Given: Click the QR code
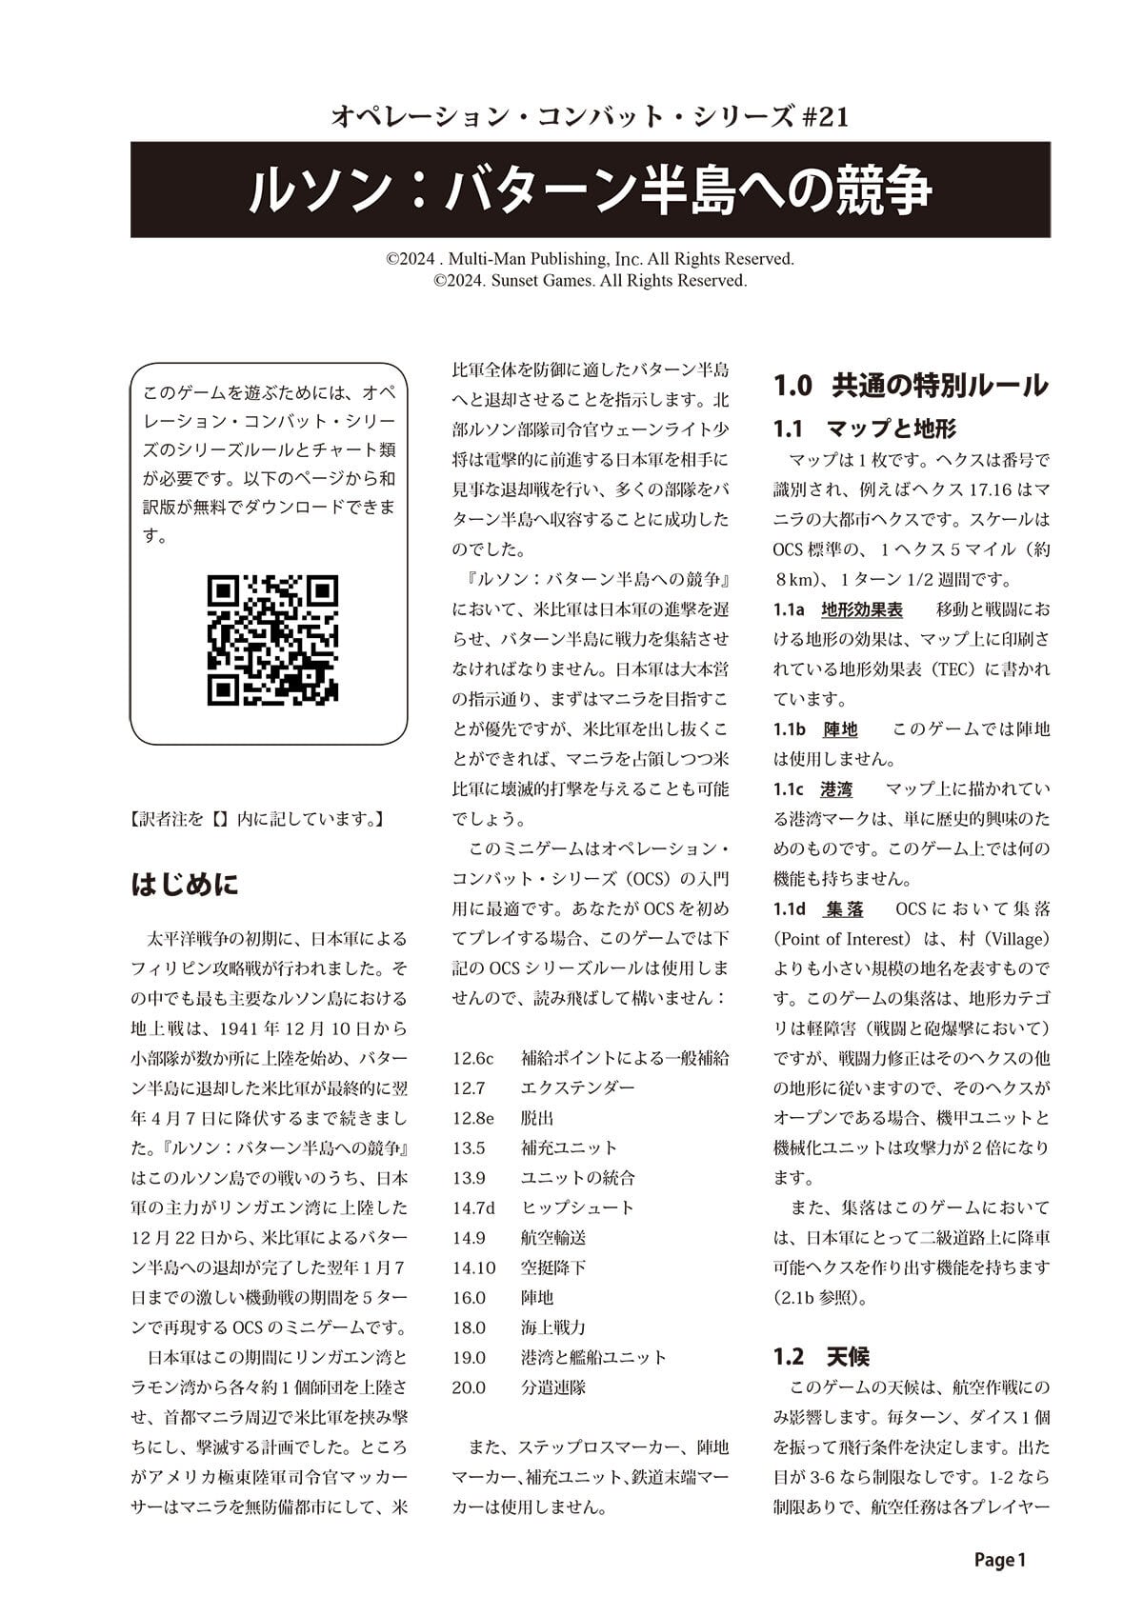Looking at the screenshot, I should (272, 639).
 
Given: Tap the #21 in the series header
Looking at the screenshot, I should (820, 117).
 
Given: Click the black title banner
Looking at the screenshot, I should (591, 190).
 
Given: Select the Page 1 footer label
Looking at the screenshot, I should (999, 1560).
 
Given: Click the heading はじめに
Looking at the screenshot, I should (185, 885).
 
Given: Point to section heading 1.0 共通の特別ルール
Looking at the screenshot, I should (911, 386).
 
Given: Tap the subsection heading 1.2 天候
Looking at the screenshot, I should (821, 1356).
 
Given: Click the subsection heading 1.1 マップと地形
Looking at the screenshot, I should (865, 429).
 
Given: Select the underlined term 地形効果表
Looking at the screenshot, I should (862, 608).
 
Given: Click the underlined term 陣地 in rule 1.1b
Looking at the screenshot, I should (840, 729).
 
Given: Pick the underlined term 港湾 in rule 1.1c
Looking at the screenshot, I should (836, 789).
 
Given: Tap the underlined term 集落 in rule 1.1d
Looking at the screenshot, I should (844, 909).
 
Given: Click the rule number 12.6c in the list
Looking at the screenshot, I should (473, 1058).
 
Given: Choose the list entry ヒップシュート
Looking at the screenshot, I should (577, 1207).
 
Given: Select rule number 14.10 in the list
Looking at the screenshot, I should (474, 1267).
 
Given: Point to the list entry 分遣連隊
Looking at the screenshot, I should (553, 1387).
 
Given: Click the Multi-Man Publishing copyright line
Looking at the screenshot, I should (590, 259).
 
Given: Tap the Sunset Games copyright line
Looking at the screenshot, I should (590, 281).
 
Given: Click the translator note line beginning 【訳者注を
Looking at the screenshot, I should (256, 818).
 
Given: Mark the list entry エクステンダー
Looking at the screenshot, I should (577, 1087).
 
